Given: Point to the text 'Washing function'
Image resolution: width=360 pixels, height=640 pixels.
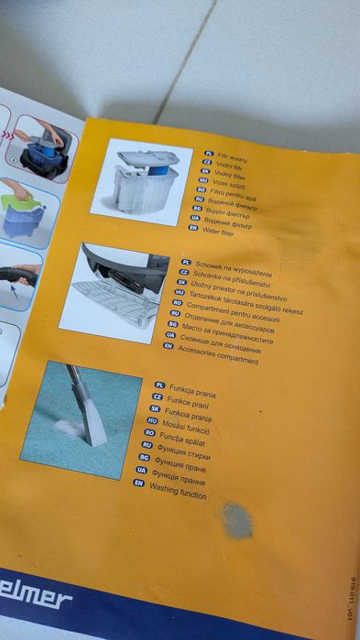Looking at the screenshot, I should point(179,494).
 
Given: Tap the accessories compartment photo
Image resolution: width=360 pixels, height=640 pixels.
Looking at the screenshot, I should point(114,291).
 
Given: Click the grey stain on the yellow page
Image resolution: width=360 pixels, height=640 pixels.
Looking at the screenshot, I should point(237,520).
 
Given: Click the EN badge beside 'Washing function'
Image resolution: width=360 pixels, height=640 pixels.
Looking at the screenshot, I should point(138,483).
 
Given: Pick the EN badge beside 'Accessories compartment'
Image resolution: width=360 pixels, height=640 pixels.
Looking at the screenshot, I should point(168,347).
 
